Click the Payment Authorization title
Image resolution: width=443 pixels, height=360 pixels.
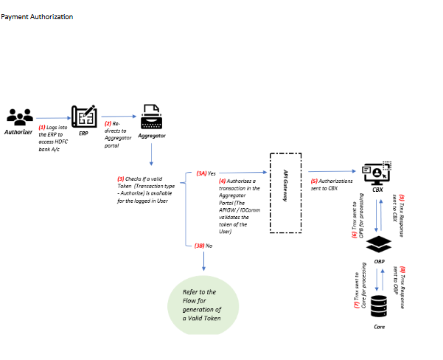tap(37, 16)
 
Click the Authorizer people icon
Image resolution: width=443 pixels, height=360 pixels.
tap(19, 117)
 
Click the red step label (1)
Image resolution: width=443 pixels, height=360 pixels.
tap(41, 127)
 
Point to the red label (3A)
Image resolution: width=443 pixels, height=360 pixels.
tap(200, 173)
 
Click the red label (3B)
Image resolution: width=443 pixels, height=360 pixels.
tap(200, 245)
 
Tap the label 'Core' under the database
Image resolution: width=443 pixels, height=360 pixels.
tap(378, 325)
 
